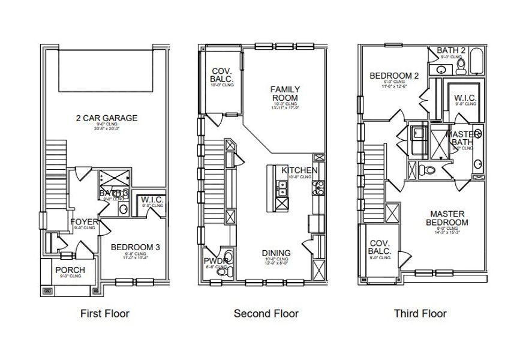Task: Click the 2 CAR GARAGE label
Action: (106, 118)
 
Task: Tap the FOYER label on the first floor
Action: (83, 221)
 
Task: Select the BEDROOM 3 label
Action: (135, 247)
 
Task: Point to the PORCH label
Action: (70, 270)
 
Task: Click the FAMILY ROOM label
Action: (285, 94)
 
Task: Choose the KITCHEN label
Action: (299, 170)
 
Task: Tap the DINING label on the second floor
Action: (276, 253)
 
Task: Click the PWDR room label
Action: (215, 261)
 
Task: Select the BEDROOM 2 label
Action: (394, 76)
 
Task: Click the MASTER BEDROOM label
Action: (447, 217)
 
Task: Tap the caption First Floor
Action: (104, 313)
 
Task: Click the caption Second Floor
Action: (266, 313)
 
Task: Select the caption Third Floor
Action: (420, 313)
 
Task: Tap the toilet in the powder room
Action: (222, 272)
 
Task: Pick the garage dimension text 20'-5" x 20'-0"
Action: (106, 129)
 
